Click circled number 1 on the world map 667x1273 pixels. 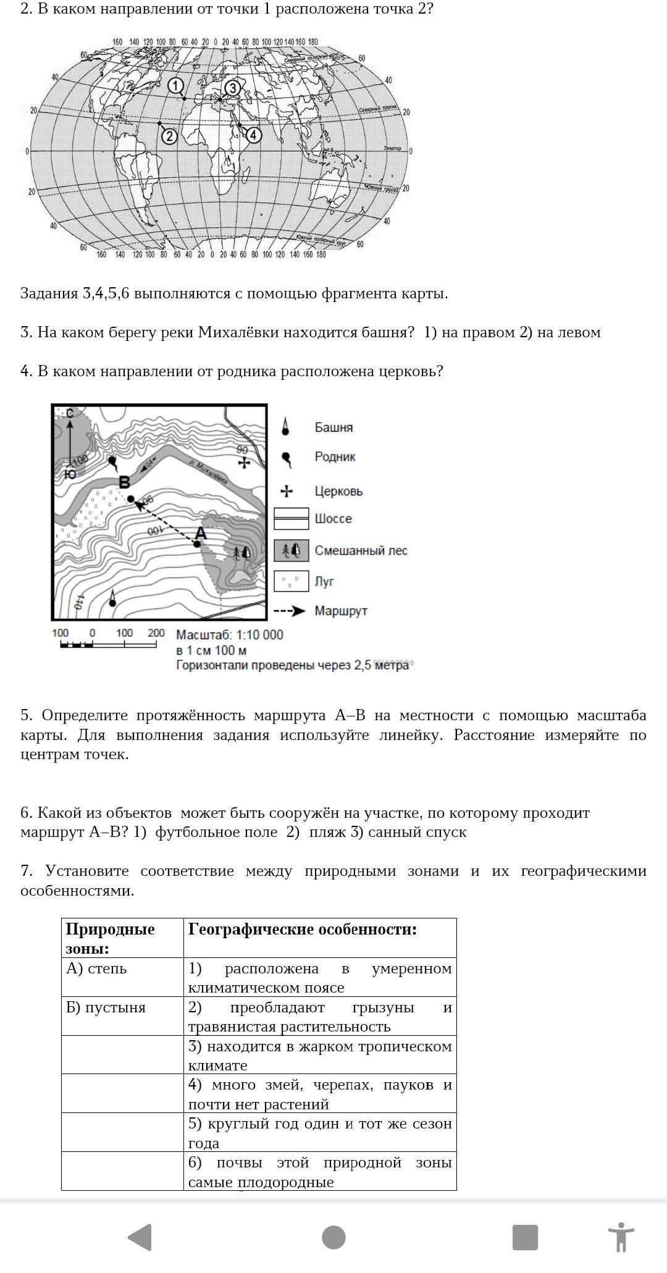[x=176, y=86]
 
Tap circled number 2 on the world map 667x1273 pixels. [x=169, y=136]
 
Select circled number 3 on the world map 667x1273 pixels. [x=232, y=88]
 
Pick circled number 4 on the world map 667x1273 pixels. [x=253, y=135]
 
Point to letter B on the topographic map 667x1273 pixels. [x=124, y=482]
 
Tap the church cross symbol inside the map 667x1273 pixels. [x=244, y=462]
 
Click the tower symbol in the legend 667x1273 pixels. [x=285, y=427]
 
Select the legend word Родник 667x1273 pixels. [x=335, y=457]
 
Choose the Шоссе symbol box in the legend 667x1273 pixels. [x=291, y=519]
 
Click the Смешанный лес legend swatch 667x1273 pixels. [x=291, y=550]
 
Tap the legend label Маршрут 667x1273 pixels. [x=341, y=611]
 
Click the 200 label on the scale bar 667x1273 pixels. [x=156, y=633]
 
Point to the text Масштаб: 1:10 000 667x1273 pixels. [x=230, y=635]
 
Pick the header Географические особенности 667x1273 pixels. [x=303, y=930]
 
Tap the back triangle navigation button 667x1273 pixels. [x=140, y=1237]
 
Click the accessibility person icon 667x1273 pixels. [x=621, y=1237]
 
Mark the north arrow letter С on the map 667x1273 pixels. [x=70, y=413]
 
